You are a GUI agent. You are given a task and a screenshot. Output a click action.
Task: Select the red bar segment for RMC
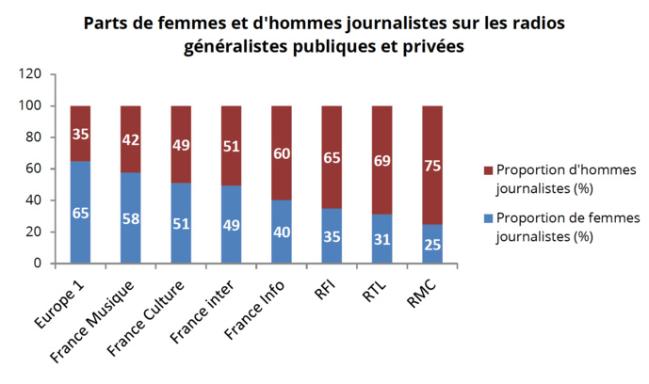click(x=431, y=165)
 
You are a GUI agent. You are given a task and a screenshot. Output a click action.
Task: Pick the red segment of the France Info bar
click(x=282, y=152)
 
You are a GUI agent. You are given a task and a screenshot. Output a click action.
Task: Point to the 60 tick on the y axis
click(x=34, y=168)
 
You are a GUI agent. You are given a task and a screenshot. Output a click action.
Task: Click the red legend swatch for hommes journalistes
click(x=487, y=170)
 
